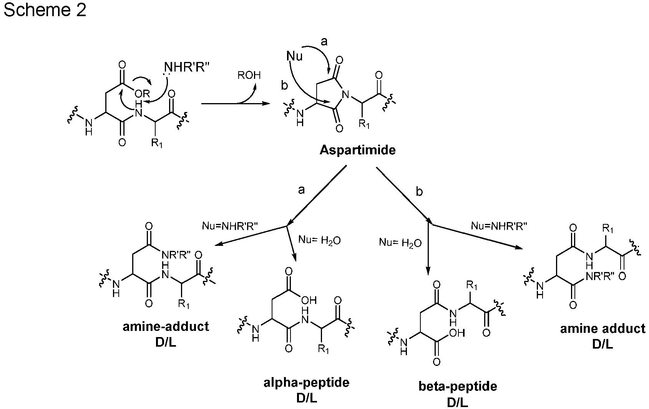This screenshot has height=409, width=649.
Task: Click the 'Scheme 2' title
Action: coord(45,11)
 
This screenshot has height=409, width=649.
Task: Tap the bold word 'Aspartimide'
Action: coord(357,150)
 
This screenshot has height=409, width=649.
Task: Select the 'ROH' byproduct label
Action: coord(249,75)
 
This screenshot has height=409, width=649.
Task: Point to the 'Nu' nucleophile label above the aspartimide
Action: coord(295,57)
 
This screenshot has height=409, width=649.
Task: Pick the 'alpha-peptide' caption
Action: coord(306,383)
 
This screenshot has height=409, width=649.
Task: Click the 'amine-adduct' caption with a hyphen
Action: coord(166,327)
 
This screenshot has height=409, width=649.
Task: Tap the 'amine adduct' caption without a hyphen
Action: coord(603,329)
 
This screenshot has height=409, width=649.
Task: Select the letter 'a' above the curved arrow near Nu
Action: coord(324,42)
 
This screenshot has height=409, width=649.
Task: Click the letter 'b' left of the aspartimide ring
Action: coord(284,85)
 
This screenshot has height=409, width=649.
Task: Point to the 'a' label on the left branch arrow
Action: coord(301,190)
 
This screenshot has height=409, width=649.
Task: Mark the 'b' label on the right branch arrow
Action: coord(419,192)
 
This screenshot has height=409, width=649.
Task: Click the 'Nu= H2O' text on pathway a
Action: coord(319,241)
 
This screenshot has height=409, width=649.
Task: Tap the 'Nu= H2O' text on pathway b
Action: coord(400,243)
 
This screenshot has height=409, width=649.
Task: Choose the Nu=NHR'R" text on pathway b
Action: coord(499,226)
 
